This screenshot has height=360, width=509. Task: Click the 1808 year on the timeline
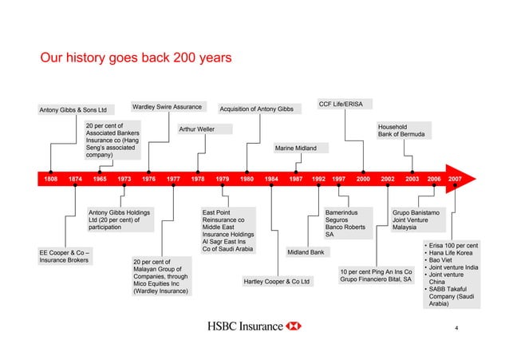(50, 180)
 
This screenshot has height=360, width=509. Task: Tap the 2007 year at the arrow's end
(455, 180)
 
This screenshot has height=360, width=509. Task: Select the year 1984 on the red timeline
(272, 180)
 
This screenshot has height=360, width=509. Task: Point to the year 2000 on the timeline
(363, 180)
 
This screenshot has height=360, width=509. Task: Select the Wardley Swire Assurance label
(166, 107)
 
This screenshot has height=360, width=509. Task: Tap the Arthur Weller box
(196, 129)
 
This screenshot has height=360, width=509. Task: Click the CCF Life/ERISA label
(341, 104)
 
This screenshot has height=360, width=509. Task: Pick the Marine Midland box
(295, 148)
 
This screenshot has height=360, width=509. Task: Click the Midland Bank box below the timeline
(306, 253)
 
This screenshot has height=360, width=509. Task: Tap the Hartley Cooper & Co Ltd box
(276, 282)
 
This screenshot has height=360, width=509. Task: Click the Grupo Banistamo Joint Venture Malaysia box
(414, 220)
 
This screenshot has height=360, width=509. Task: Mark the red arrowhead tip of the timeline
(484, 180)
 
